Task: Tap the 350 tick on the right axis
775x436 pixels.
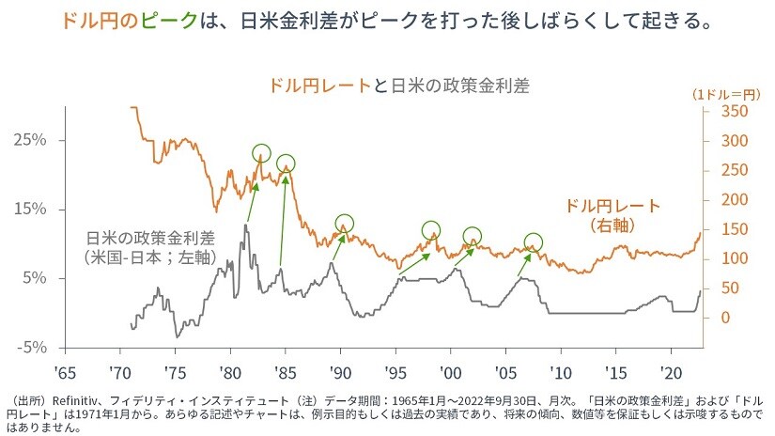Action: tap(724, 112)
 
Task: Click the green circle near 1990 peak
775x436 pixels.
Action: tap(345, 224)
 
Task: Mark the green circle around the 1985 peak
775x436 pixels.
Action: tap(286, 163)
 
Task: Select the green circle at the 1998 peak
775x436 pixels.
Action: tap(431, 229)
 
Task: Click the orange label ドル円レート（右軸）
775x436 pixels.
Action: tap(613, 215)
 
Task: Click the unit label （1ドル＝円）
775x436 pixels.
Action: tap(724, 94)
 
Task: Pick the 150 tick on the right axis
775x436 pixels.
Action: tap(723, 229)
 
